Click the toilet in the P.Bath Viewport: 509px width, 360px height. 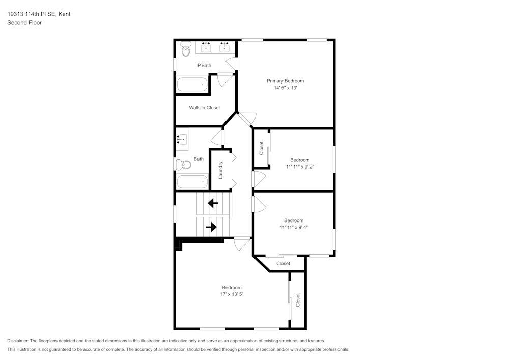pyautogui.click(x=185, y=48)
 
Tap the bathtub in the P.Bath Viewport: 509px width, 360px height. pyautogui.click(x=192, y=85)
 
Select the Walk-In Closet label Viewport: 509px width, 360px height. pyautogui.click(x=204, y=108)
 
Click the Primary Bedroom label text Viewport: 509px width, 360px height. pyautogui.click(x=285, y=81)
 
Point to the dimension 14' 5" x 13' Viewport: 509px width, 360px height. pyautogui.click(x=285, y=88)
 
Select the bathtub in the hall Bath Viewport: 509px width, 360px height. pyautogui.click(x=192, y=182)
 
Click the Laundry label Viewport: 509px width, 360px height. pyautogui.click(x=221, y=170)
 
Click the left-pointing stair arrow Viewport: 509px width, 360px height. pyautogui.click(x=213, y=203)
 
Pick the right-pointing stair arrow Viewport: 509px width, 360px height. pyautogui.click(x=211, y=227)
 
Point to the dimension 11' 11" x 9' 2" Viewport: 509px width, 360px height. pyautogui.click(x=300, y=167)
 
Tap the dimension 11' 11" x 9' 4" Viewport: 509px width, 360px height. pyautogui.click(x=294, y=227)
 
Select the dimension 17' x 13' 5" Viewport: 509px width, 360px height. pyautogui.click(x=232, y=294)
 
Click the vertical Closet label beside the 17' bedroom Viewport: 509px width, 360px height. pyautogui.click(x=298, y=300)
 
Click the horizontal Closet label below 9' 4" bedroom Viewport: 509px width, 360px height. pyautogui.click(x=283, y=263)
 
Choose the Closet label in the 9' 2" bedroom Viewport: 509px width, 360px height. pyautogui.click(x=262, y=148)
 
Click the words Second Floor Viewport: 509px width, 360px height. pyautogui.click(x=24, y=23)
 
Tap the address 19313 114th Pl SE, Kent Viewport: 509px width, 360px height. pyautogui.click(x=39, y=14)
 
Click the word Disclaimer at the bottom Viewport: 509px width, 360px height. pyautogui.click(x=18, y=341)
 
